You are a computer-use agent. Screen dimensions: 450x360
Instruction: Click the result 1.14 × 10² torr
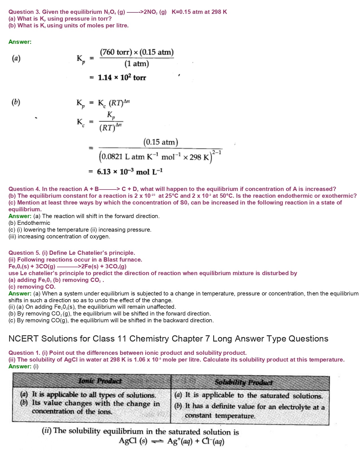[122, 77]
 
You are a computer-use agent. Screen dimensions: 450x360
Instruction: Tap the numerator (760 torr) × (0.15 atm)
[137, 52]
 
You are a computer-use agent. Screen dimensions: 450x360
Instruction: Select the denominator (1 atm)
[137, 64]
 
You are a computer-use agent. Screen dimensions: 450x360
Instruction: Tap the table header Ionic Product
[100, 381]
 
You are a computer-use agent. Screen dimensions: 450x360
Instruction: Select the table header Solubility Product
[243, 382]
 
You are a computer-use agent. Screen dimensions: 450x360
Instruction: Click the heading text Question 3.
[24, 12]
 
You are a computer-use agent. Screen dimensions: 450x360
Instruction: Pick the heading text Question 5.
[24, 253]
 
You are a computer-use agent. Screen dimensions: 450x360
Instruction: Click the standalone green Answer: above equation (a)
[20, 42]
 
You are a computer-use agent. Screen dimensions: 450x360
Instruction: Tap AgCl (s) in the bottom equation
[133, 441]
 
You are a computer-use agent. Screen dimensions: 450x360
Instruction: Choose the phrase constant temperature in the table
[220, 416]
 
